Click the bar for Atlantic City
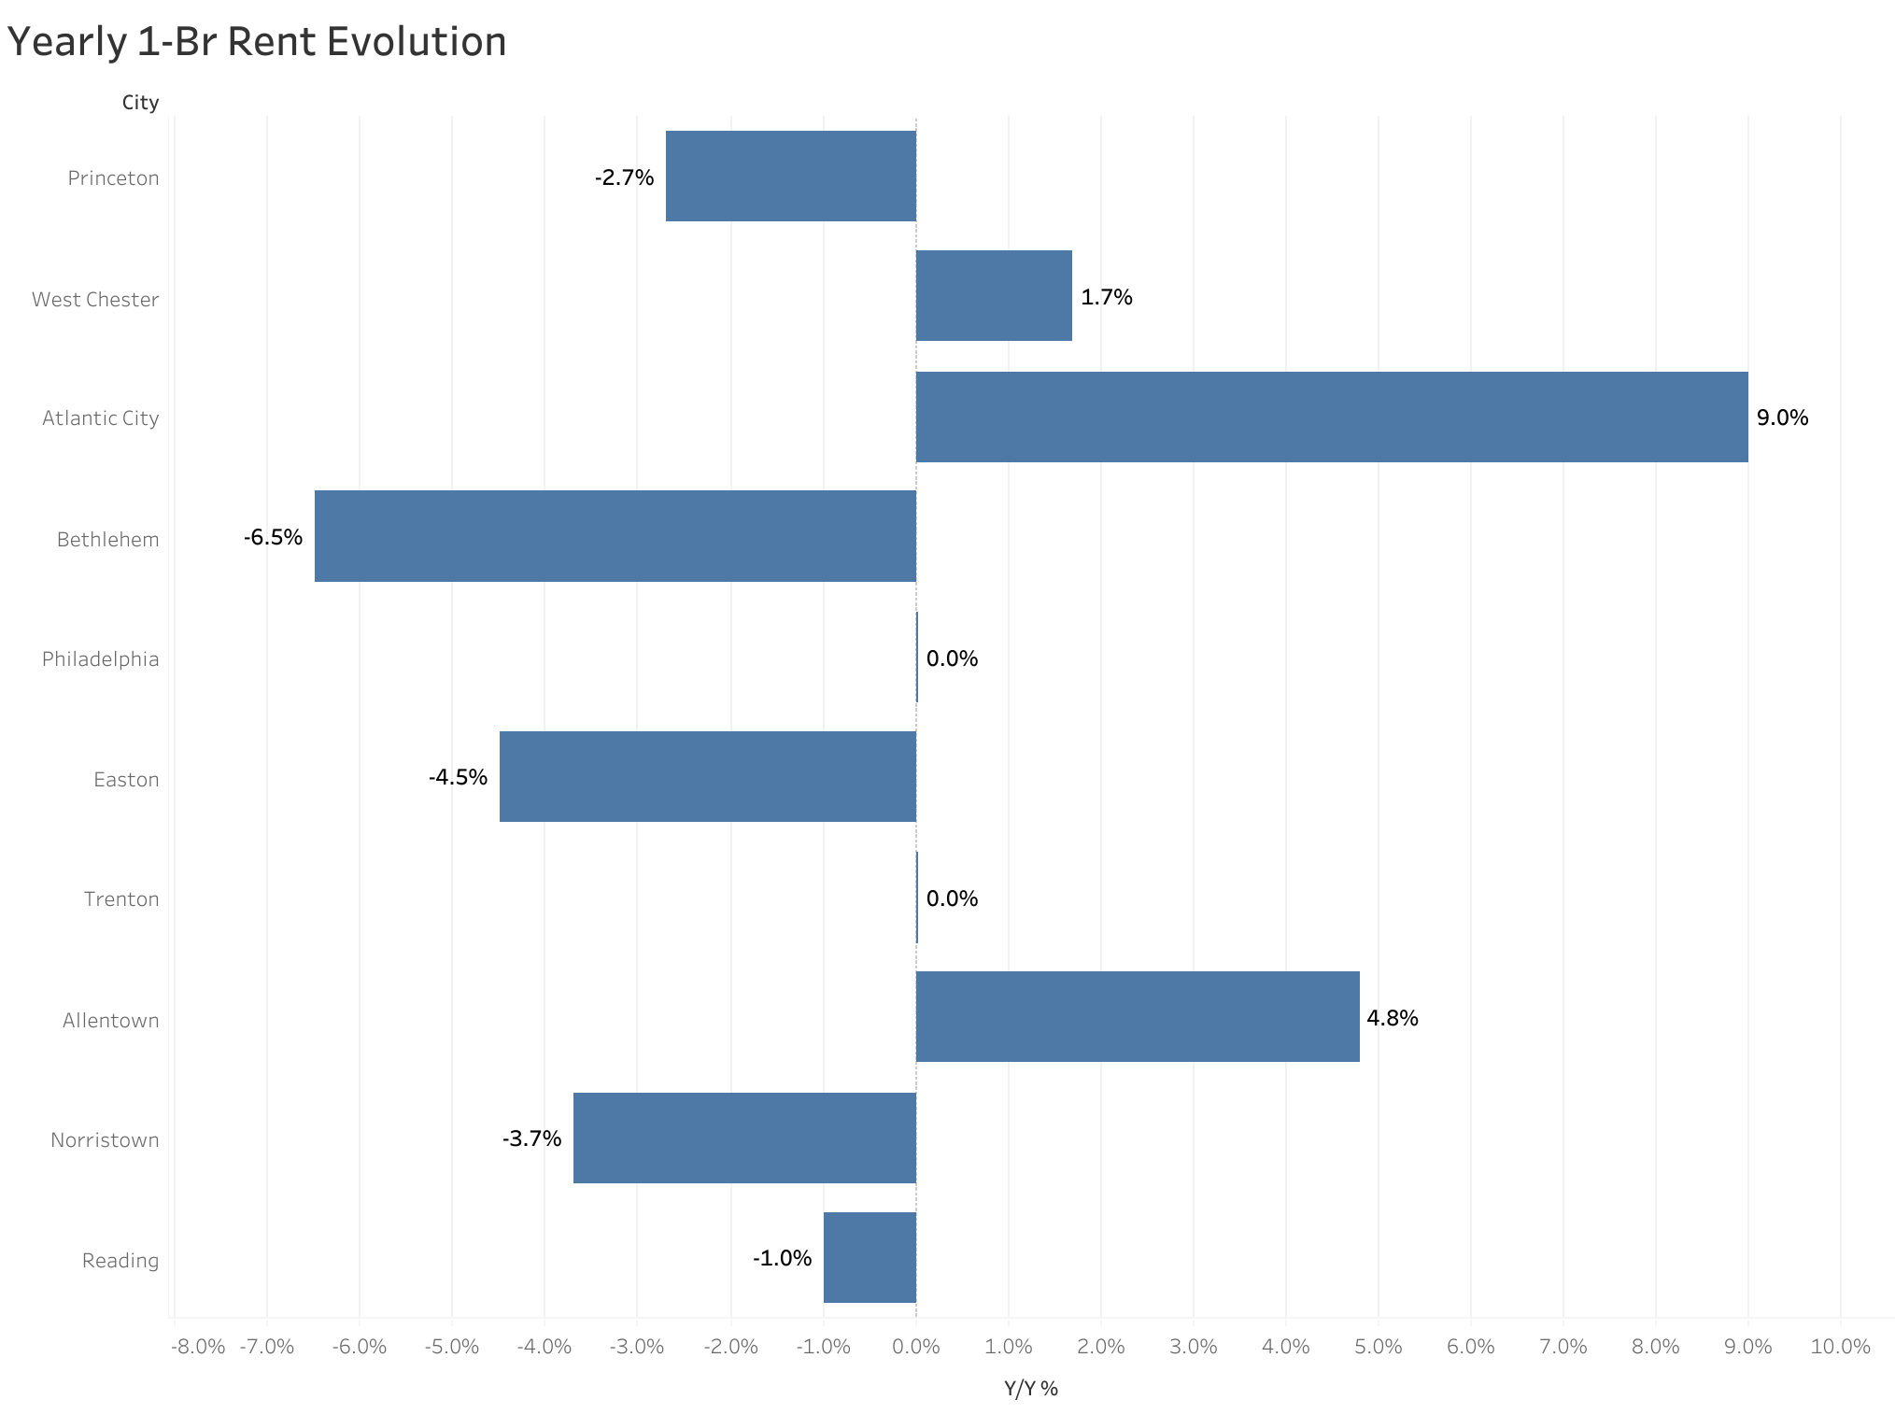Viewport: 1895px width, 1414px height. point(1331,417)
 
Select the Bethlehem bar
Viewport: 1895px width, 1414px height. point(615,536)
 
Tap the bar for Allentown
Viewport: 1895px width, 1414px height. point(1137,1016)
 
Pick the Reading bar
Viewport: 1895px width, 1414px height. point(870,1257)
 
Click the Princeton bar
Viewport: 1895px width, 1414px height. point(790,176)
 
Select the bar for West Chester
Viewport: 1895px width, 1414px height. point(994,295)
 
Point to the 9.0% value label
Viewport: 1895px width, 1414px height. point(1782,417)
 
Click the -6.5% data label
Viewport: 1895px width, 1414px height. point(274,537)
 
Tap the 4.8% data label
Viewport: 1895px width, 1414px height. point(1392,1018)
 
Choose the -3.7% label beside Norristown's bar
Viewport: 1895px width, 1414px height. point(532,1138)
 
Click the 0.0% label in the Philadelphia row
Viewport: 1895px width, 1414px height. point(952,658)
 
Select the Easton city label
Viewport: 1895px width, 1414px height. point(126,779)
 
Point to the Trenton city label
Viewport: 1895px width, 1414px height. point(121,898)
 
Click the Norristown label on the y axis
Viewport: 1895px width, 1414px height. point(105,1139)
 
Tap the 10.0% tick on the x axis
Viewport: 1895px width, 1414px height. point(1840,1346)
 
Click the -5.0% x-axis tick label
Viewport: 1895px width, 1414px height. point(452,1346)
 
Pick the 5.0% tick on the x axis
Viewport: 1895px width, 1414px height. point(1379,1346)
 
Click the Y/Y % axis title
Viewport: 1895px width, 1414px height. point(1030,1388)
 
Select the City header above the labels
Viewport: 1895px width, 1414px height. point(140,103)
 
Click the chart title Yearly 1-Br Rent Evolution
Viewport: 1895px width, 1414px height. point(257,42)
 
